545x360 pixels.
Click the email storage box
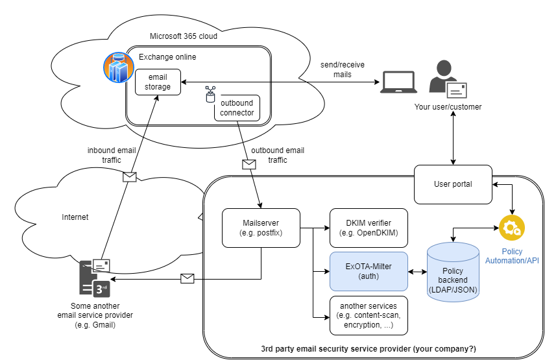pyautogui.click(x=158, y=82)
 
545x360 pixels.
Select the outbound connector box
pyautogui.click(x=237, y=108)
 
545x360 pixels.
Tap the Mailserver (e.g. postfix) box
pyautogui.click(x=261, y=228)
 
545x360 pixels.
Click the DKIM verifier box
pyautogui.click(x=369, y=228)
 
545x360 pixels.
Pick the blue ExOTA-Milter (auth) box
pyautogui.click(x=369, y=270)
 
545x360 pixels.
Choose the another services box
pyautogui.click(x=369, y=315)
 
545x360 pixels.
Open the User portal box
pyautogui.click(x=453, y=184)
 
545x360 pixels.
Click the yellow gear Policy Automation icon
pyautogui.click(x=511, y=228)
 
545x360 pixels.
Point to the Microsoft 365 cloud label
pyautogui.click(x=184, y=36)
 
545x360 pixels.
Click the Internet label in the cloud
pyautogui.click(x=75, y=217)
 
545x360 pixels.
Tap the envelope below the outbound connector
pyautogui.click(x=249, y=164)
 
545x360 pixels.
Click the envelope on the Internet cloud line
pyautogui.click(x=130, y=176)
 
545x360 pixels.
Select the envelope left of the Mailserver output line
pyautogui.click(x=188, y=278)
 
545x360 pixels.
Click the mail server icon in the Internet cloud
pyautogui.click(x=95, y=278)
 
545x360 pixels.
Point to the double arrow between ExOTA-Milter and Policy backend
pyautogui.click(x=418, y=270)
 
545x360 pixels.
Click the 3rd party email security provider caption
pyautogui.click(x=368, y=349)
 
